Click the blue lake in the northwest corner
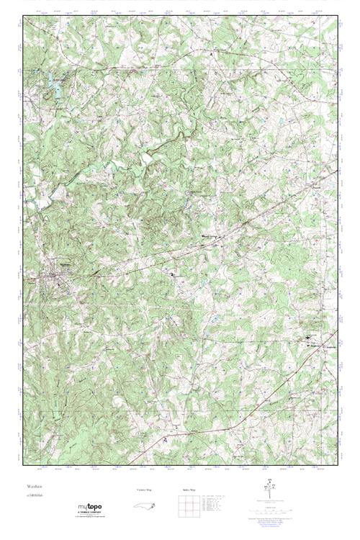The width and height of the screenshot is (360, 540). point(51,88)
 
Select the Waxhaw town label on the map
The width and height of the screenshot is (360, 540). point(65,264)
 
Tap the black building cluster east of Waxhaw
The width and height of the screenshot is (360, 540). point(173,273)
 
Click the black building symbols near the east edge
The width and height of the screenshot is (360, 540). point(309,337)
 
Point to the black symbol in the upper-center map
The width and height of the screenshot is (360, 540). point(212,54)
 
